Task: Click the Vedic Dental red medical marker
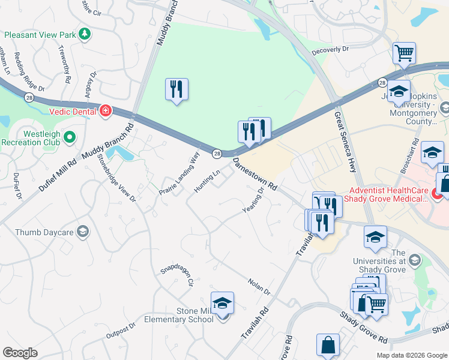[x=106, y=110]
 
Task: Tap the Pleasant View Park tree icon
[x=85, y=35]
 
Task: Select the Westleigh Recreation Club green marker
[x=70, y=137]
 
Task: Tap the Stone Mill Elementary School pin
[x=222, y=305]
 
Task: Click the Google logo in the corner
[x=20, y=352]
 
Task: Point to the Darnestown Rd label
[x=255, y=174]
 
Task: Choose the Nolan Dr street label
[x=259, y=286]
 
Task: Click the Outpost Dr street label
[x=121, y=331]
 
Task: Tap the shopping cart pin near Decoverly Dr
[x=404, y=52]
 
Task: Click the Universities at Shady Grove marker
[x=414, y=260]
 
